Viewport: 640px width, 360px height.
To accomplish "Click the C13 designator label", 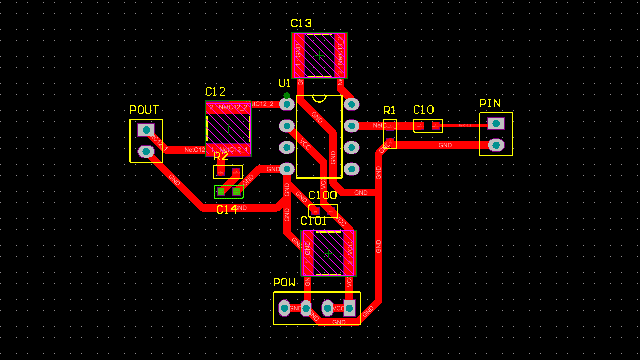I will pos(301,23).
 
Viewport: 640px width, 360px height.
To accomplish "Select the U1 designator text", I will pos(285,83).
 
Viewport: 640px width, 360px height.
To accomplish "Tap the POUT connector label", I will pos(144,110).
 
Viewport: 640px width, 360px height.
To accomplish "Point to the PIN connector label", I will pos(490,103).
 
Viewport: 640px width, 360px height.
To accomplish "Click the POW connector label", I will pos(284,283).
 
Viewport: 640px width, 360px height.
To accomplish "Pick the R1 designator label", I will pos(389,110).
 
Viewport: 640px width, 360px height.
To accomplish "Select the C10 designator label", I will pos(423,110).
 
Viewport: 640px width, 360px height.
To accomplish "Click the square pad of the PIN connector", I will pos(496,124).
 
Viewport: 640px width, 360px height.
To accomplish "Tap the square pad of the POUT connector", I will pos(146,130).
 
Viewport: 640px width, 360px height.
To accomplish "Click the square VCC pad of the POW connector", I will pos(349,308).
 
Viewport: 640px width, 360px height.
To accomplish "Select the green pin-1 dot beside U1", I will pos(287,96).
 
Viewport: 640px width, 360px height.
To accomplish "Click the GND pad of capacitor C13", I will pos(299,55).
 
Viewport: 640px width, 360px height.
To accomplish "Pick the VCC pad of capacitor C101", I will pos(349,253).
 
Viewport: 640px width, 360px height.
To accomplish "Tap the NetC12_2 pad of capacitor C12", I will pos(228,108).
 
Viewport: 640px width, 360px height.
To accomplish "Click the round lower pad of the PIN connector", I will pos(496,145).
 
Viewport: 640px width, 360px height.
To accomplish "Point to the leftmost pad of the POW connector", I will pos(284,308).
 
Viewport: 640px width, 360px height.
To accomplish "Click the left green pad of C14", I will pos(221,192).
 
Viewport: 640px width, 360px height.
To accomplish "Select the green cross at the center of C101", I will pos(329,253).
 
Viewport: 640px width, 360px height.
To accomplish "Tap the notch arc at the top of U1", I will pos(319,99).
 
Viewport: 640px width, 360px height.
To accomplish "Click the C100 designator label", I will pos(323,195).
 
